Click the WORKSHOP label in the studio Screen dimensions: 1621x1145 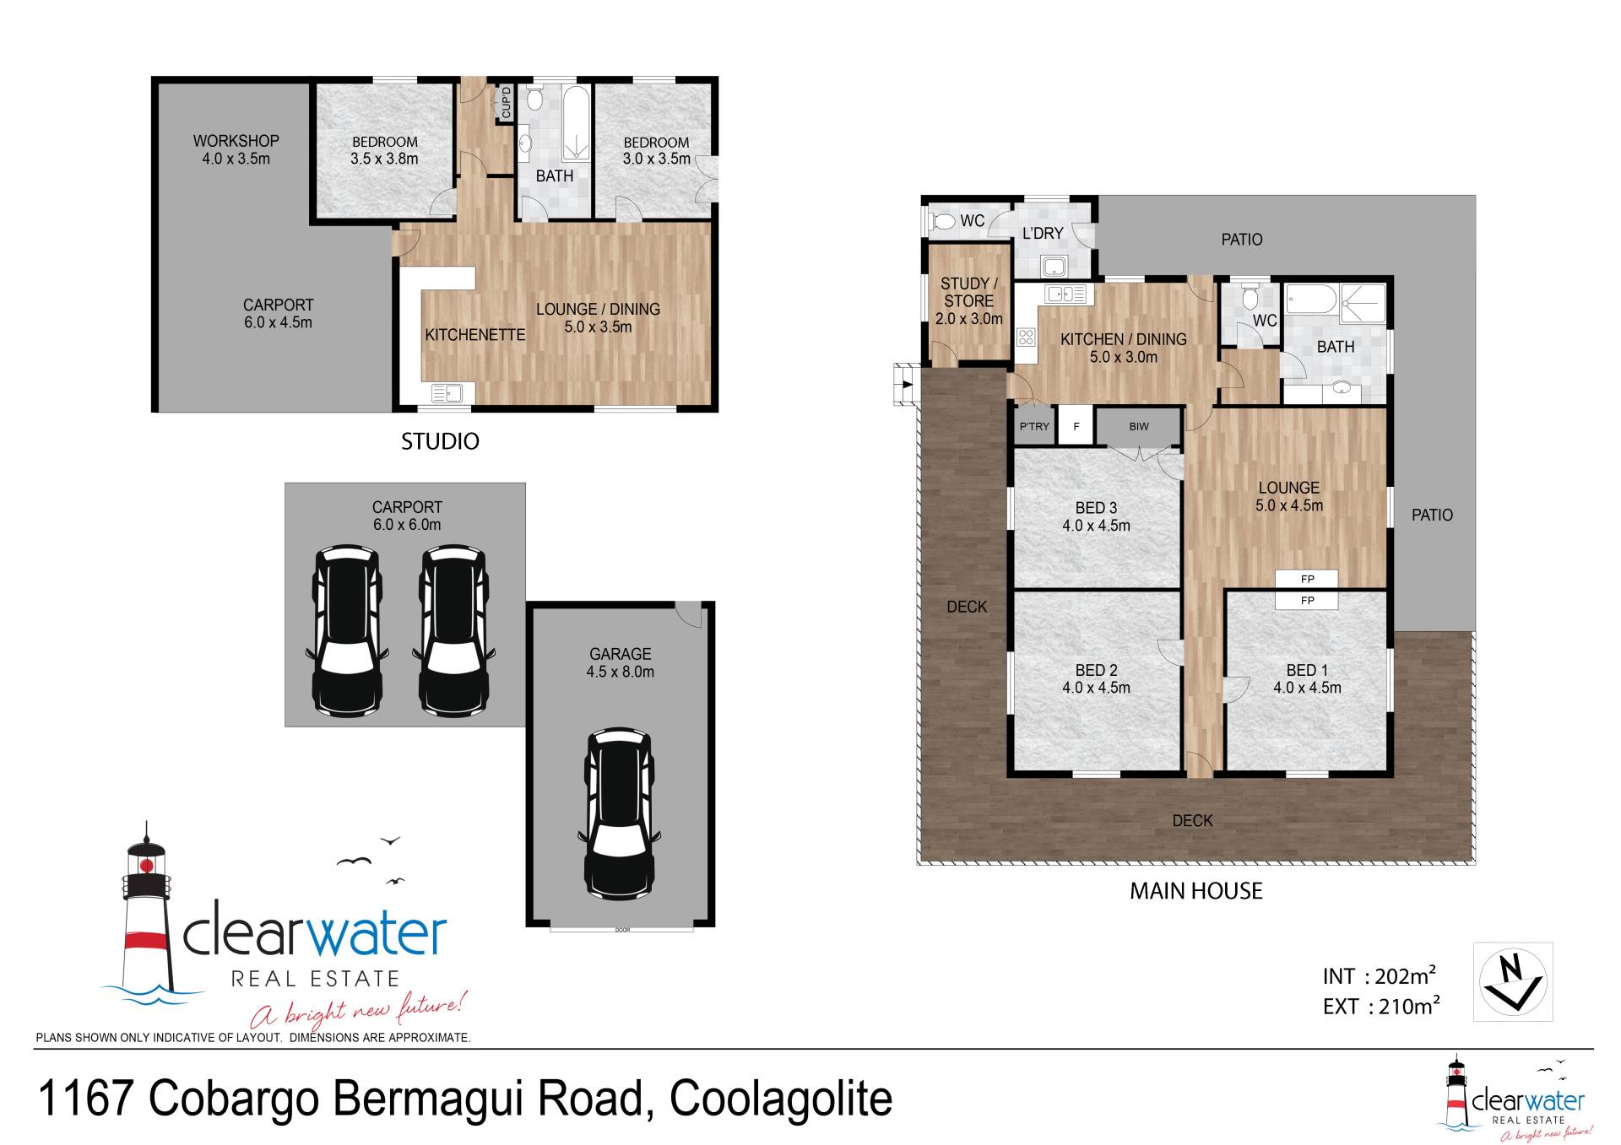point(236,141)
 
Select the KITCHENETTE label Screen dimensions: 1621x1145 point(475,335)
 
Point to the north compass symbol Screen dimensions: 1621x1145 point(1513,981)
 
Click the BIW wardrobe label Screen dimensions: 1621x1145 point(1139,426)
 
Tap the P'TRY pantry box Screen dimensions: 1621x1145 point(1034,426)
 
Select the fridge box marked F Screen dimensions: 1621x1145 point(1076,426)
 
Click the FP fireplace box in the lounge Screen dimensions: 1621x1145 point(1307,579)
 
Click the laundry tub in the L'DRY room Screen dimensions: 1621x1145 point(1054,267)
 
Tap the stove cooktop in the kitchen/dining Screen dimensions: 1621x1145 point(1026,338)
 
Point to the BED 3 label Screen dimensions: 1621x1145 point(1096,508)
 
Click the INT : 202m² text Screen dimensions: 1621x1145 point(1380,976)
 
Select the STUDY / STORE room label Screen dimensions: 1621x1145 point(969,292)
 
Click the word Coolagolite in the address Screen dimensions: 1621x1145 point(781,1099)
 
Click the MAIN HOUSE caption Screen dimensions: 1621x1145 point(1196,891)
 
